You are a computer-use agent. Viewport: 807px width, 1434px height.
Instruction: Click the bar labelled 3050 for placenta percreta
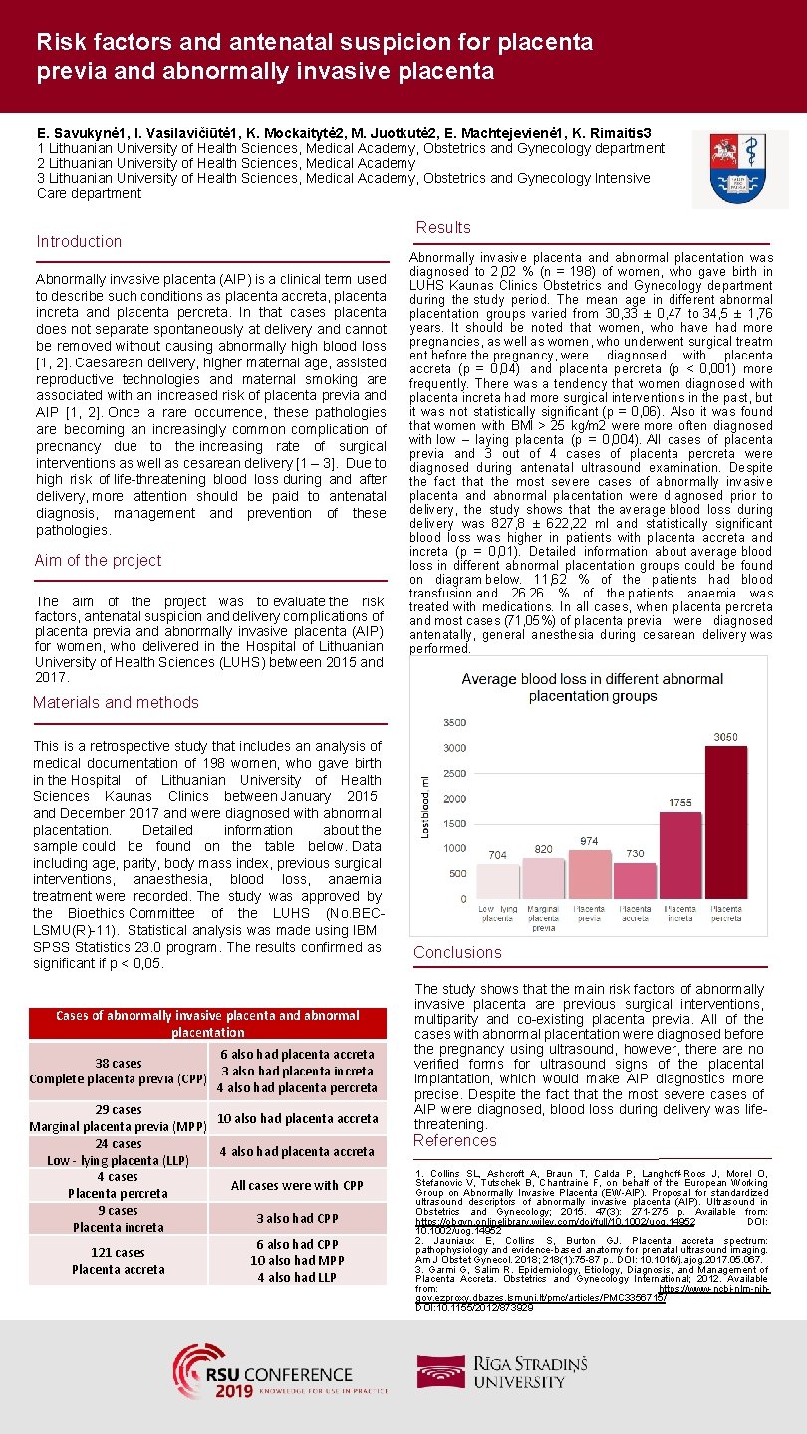725,822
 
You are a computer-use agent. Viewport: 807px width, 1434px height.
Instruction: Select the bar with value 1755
680,854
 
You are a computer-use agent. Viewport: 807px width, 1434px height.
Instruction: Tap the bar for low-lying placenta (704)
497,881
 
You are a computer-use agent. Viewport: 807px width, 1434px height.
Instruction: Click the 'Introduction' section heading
79,242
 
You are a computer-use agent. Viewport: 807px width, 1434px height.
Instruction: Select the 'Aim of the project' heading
98,561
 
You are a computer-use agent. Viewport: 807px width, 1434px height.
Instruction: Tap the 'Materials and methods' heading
116,703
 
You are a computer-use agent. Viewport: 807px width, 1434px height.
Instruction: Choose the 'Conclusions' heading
457,953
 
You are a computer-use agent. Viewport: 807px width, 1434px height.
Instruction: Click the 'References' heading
455,1141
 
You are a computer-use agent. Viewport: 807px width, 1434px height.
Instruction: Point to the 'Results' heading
443,228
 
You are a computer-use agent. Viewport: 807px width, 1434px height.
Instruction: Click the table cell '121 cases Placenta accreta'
119,1261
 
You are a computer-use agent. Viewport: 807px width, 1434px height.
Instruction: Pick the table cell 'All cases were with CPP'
298,1185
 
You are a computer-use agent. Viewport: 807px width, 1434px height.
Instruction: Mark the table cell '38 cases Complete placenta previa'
119,1072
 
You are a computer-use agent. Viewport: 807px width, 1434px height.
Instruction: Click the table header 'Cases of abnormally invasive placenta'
207,1023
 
